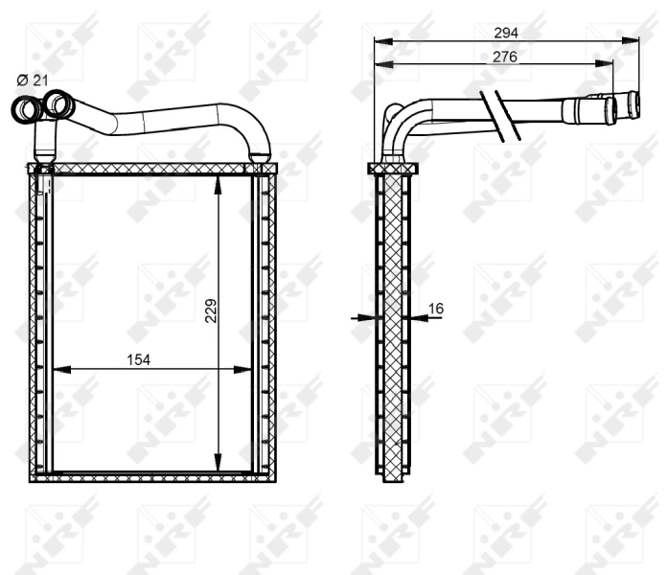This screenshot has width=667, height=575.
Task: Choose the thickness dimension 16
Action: coord(436,309)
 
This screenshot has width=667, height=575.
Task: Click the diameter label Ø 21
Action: coord(32,80)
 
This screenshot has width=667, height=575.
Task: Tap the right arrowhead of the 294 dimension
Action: coord(633,40)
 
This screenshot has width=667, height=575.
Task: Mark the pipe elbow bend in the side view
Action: coord(400,124)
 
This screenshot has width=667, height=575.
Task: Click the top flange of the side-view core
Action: coord(393,169)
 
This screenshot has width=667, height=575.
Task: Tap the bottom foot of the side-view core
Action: coord(393,476)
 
